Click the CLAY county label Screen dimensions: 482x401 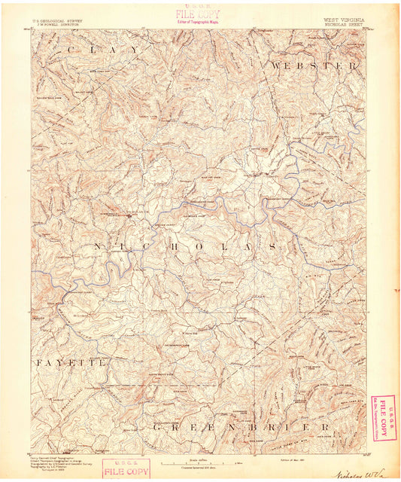pos(104,50)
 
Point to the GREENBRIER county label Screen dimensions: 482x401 pos(242,427)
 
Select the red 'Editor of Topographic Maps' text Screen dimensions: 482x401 pos(200,22)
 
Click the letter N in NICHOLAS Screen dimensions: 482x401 pos(97,246)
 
